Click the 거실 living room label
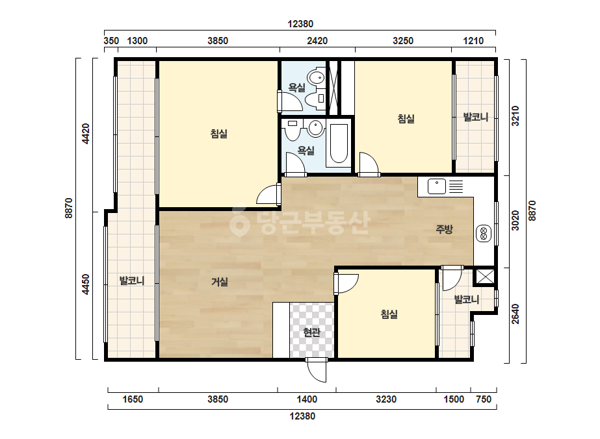[x=220, y=282]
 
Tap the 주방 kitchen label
[x=444, y=229]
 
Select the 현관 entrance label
[x=311, y=332]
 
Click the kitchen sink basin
[x=437, y=186]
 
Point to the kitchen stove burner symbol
[x=484, y=234]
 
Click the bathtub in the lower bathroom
[x=339, y=144]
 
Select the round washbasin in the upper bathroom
[x=316, y=78]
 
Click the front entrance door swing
[x=317, y=370]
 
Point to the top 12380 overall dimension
[x=300, y=24]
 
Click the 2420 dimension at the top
[x=317, y=40]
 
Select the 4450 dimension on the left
[x=86, y=284]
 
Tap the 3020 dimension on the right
[x=515, y=221]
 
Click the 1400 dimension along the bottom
[x=307, y=399]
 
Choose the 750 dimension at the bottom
[x=484, y=399]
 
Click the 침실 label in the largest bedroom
[x=219, y=134]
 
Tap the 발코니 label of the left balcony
[x=131, y=281]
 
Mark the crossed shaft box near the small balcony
[x=484, y=277]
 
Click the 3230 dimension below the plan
[x=386, y=399]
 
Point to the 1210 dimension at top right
[x=473, y=40]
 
